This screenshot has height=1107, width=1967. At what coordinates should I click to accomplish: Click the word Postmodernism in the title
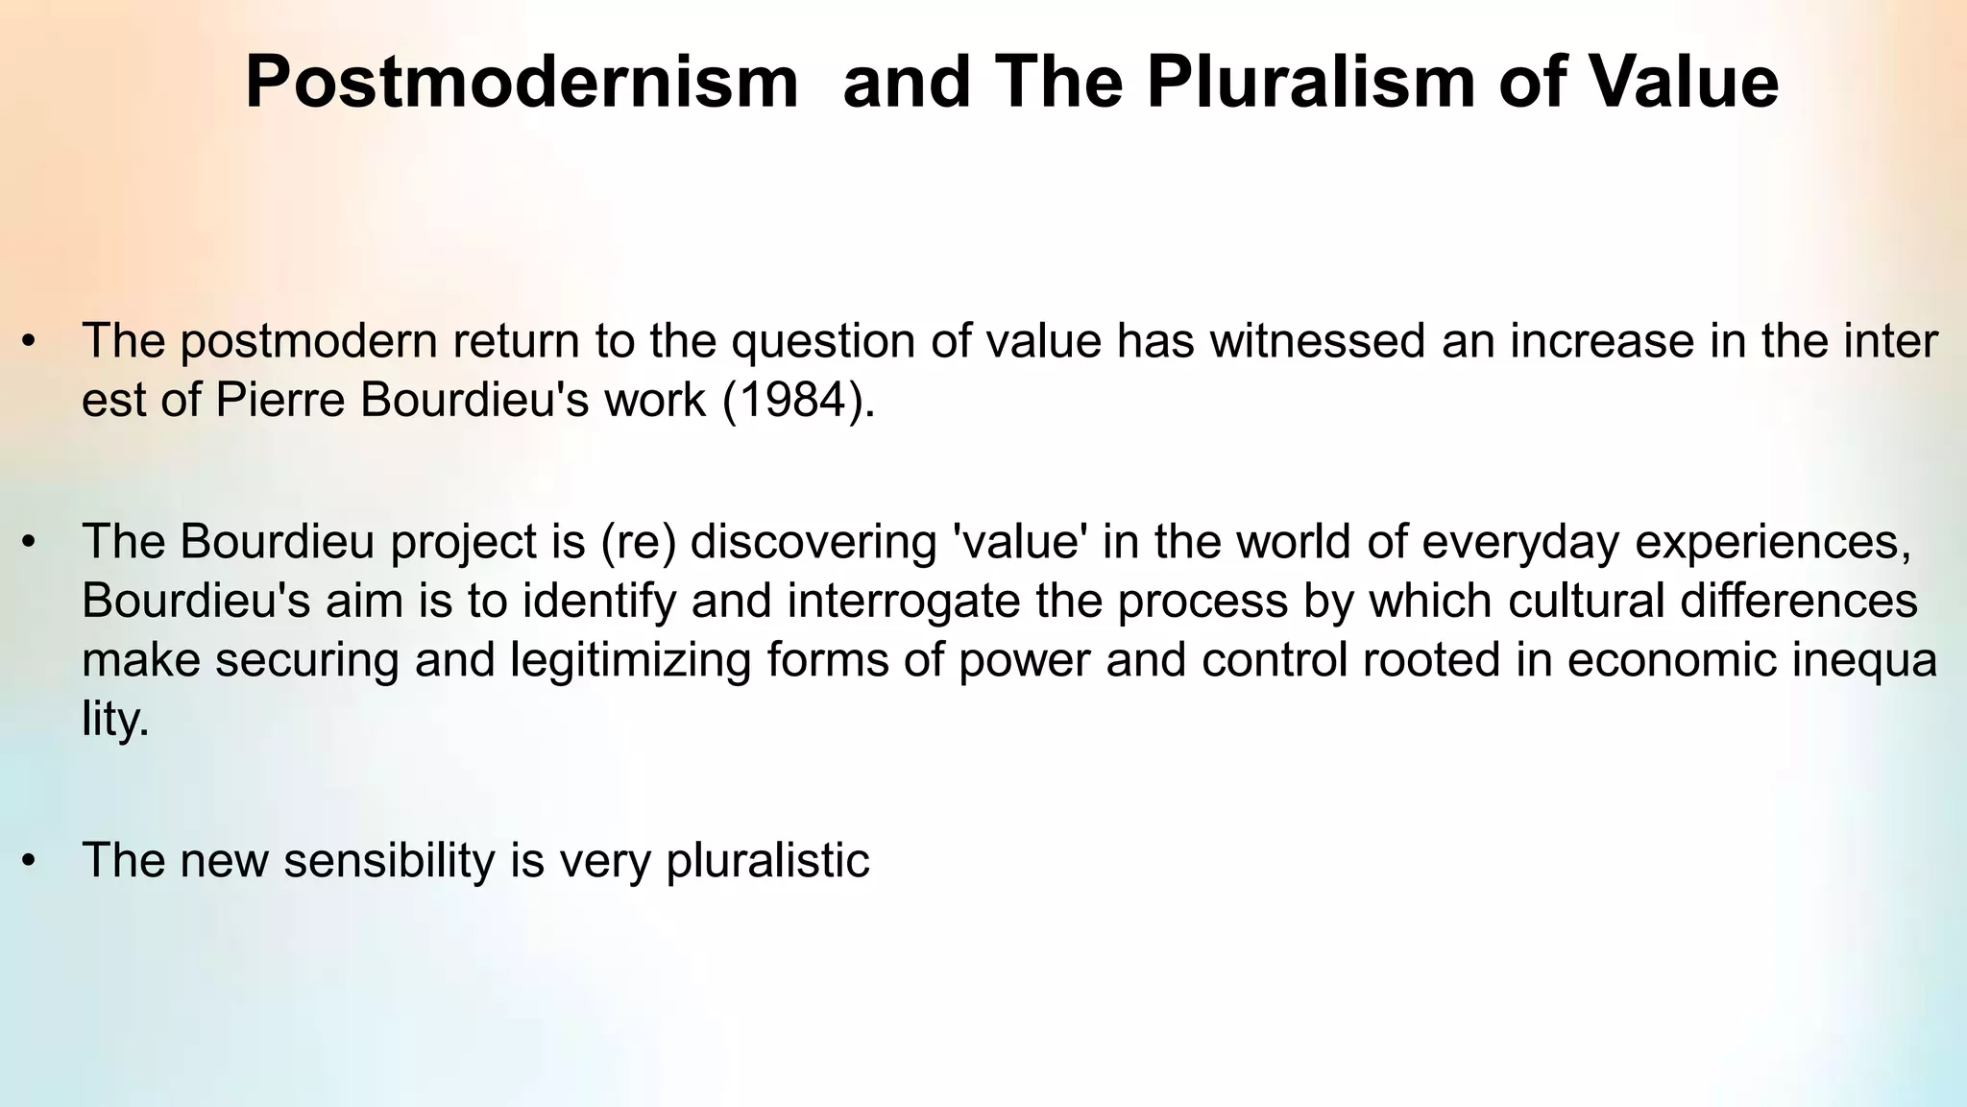[x=522, y=83]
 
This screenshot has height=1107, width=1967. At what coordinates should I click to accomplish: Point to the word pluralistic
[x=767, y=860]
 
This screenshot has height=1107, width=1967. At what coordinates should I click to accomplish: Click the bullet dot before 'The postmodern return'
[x=30, y=343]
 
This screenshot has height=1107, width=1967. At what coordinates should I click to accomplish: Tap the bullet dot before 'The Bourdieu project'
[x=30, y=544]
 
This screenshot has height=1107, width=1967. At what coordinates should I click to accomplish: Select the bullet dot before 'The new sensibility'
[x=30, y=861]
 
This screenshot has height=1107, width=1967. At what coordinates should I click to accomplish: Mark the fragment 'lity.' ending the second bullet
[x=115, y=721]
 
